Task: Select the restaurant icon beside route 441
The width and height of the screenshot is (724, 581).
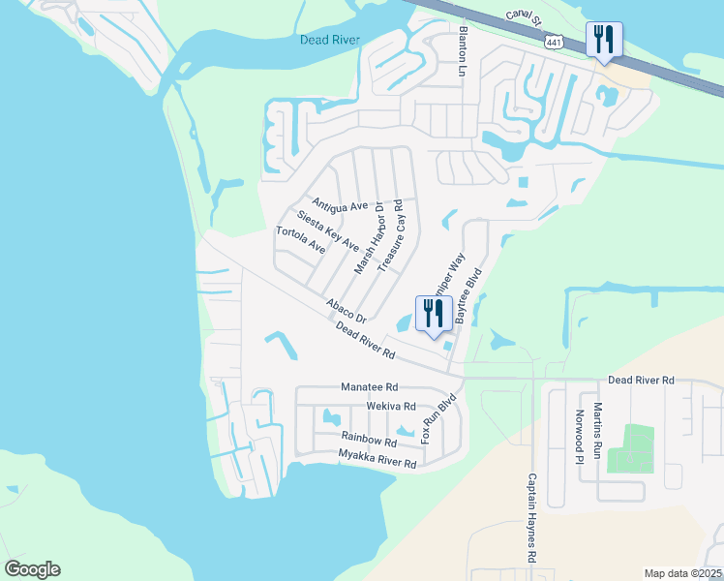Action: click(604, 40)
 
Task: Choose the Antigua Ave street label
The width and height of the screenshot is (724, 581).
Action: click(340, 206)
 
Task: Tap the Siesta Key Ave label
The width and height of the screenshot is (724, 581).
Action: click(328, 229)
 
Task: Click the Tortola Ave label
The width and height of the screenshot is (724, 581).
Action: click(300, 240)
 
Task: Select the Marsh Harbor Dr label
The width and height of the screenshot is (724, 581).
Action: click(370, 238)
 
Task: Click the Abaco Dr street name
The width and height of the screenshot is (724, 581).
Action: click(347, 311)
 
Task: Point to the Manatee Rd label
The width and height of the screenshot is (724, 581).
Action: click(369, 386)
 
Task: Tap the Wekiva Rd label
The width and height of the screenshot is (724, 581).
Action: click(390, 407)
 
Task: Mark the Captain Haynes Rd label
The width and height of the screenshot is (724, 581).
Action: click(531, 518)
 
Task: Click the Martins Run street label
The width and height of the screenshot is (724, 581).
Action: click(597, 430)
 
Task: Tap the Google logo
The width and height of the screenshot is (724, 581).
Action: click(32, 569)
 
